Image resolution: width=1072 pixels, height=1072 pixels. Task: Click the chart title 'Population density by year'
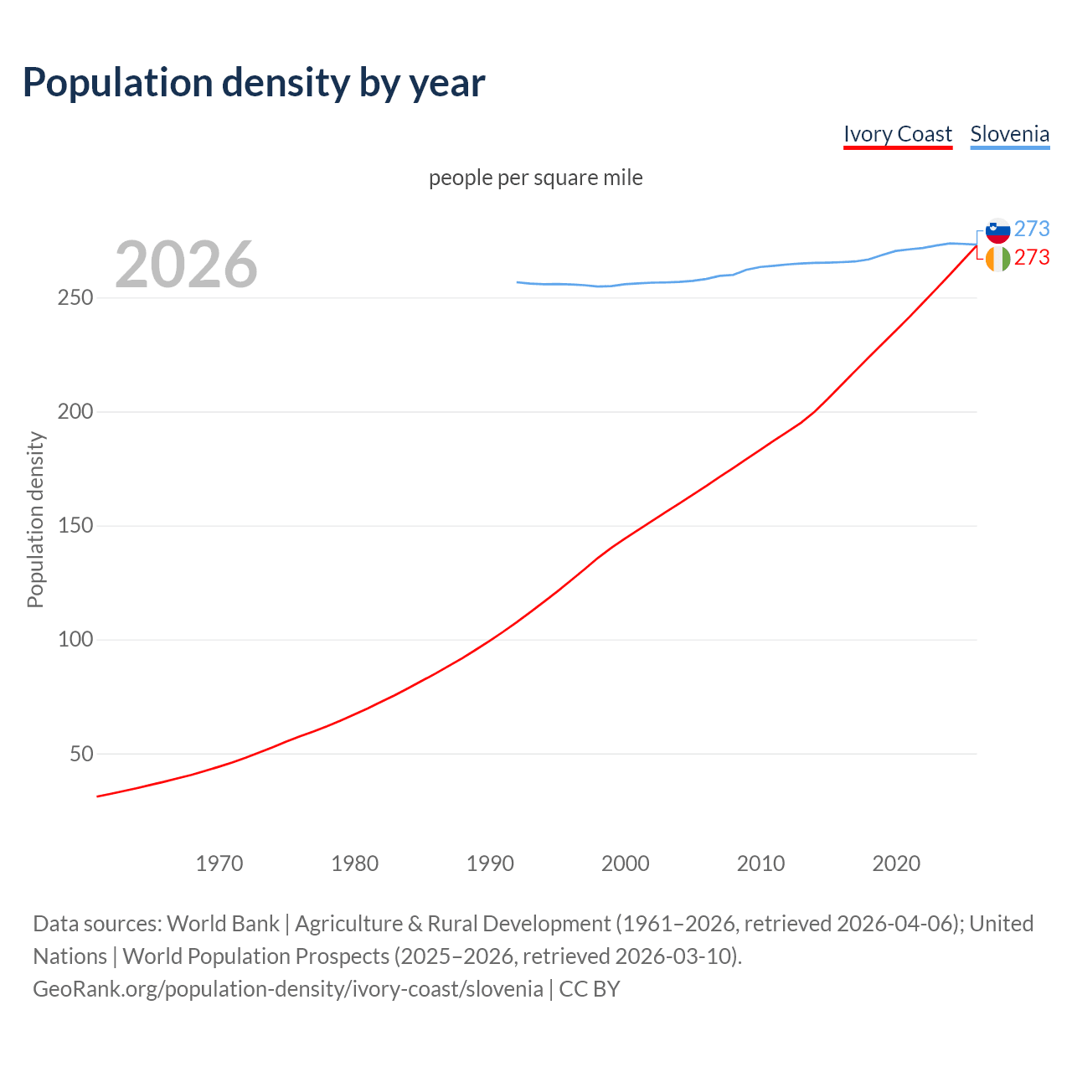254,82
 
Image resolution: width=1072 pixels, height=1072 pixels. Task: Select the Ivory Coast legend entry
897,134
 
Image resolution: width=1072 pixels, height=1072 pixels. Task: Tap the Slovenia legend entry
1009,134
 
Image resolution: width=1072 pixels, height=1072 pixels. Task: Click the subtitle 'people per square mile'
536,178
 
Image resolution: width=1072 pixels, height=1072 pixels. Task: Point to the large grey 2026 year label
186,265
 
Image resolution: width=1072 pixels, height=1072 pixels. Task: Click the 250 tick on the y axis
75,298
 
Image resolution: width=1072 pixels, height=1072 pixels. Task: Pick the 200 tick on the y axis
75,412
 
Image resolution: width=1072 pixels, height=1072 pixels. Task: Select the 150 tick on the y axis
75,526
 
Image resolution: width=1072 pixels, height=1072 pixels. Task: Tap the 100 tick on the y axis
75,640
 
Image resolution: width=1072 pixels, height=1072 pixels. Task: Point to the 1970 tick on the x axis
219,863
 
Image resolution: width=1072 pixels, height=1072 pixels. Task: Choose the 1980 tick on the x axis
355,863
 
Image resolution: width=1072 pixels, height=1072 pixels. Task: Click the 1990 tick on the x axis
490,863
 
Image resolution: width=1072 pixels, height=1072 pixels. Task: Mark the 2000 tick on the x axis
626,863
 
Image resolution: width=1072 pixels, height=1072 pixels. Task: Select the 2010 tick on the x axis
760,863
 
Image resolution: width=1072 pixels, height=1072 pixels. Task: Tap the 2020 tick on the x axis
896,863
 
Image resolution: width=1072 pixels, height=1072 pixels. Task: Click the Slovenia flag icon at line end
997,230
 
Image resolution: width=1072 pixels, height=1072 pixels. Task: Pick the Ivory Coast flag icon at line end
997,259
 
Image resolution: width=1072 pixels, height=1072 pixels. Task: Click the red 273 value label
1032,258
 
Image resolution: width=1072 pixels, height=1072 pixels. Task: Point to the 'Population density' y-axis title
35,519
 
